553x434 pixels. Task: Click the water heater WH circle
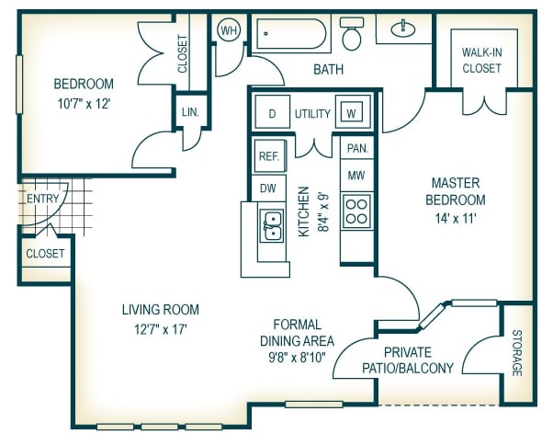pos(229,30)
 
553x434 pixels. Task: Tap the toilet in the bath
pos(352,33)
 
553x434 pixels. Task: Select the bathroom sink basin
pos(403,29)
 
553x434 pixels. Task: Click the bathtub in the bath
pos(291,34)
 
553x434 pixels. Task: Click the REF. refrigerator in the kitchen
pos(270,156)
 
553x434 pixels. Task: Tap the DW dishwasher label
pos(268,188)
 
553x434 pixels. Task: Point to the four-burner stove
pos(356,211)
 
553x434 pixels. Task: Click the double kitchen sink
pos(271,226)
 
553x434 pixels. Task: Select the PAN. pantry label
pos(357,148)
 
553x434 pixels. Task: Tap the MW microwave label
pos(356,175)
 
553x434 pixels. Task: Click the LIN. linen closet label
pos(190,112)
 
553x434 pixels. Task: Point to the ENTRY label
pos(42,199)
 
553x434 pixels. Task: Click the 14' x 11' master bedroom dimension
pos(456,219)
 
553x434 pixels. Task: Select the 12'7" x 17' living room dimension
pos(161,329)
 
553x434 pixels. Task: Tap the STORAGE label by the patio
pos(517,353)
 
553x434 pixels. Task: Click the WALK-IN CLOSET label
pos(481,60)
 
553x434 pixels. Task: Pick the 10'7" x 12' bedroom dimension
pos(84,104)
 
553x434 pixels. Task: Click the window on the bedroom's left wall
pos(19,85)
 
